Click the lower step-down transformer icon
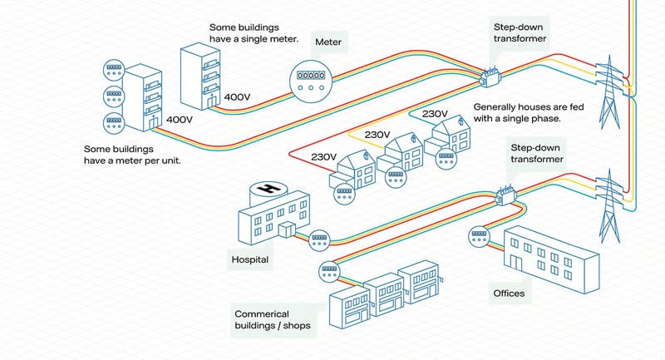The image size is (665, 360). click(x=506, y=195)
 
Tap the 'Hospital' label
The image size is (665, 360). click(x=249, y=259)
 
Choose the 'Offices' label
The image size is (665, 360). click(x=509, y=293)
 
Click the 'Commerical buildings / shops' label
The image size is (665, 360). click(x=273, y=319)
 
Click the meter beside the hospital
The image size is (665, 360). click(x=319, y=240)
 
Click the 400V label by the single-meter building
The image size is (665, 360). click(x=237, y=97)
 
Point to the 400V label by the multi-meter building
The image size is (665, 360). click(x=180, y=120)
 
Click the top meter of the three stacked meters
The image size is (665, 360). click(x=112, y=69)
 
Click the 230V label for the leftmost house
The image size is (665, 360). click(x=323, y=156)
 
